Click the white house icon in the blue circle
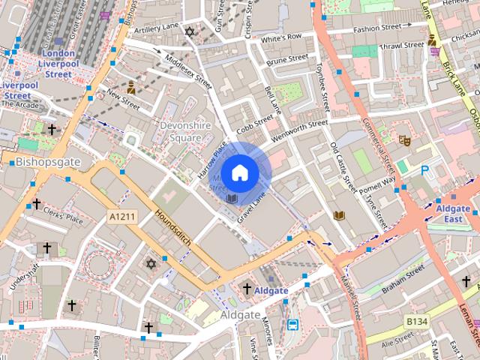239,172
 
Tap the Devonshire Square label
180,131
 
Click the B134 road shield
418,322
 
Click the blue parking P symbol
424,171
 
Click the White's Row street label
281,37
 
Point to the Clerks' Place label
64,219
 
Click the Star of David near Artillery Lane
190,32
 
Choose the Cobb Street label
255,122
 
